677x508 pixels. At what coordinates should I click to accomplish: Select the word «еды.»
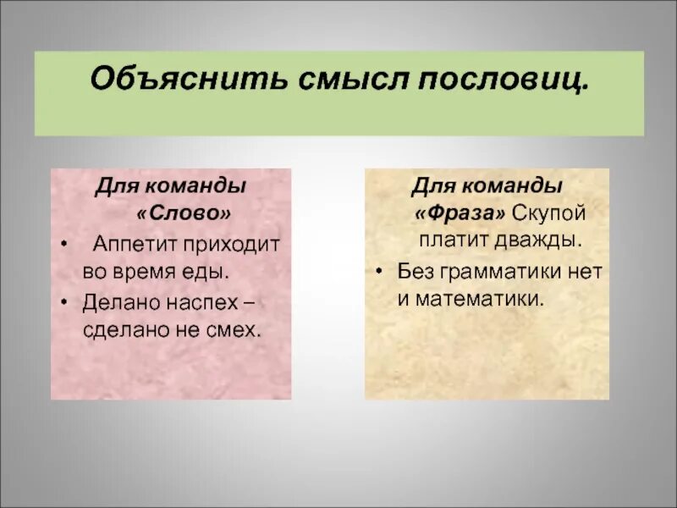208,273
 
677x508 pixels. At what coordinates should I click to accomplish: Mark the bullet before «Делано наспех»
64,301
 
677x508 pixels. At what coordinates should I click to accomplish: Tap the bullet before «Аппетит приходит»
64,245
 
